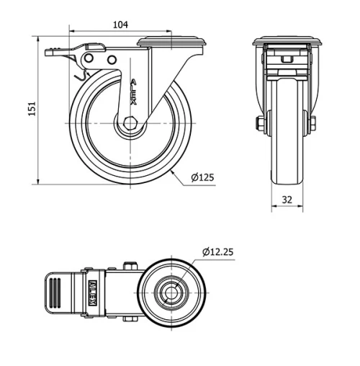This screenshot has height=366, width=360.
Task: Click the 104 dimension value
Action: (120, 24)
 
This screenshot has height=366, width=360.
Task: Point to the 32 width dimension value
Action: (287, 200)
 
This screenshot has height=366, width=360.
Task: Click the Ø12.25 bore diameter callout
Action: (218, 252)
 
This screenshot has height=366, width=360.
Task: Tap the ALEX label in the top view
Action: (91, 293)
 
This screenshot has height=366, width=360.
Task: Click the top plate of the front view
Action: (287, 40)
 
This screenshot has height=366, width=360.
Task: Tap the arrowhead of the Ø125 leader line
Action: (174, 173)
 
